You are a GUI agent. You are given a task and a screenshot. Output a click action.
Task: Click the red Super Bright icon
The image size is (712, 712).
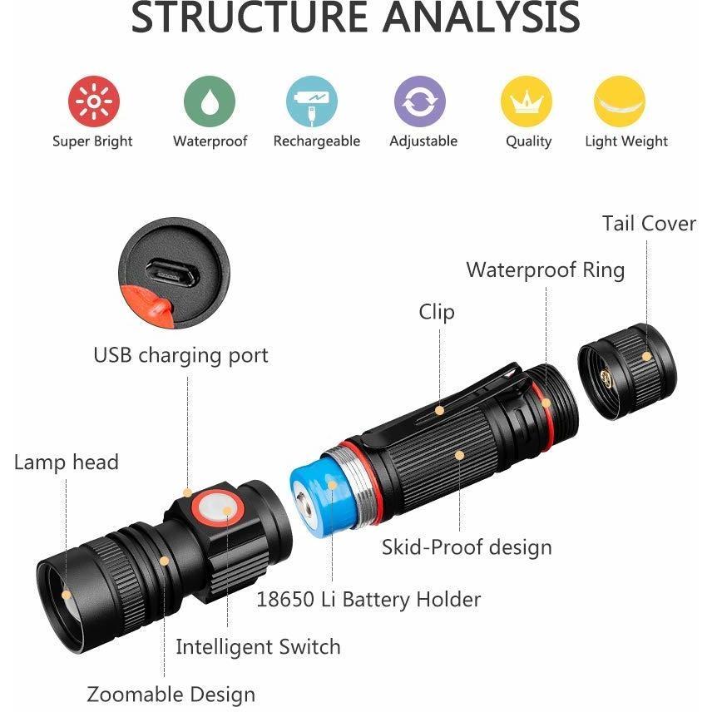tap(93, 101)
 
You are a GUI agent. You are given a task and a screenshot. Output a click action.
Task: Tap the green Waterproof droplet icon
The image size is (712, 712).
tap(210, 101)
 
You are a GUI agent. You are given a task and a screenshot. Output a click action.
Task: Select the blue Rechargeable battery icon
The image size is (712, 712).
tap(312, 101)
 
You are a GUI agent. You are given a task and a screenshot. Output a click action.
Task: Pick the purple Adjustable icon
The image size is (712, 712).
tap(420, 101)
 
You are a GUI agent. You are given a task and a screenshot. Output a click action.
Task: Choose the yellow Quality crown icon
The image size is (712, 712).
tap(527, 101)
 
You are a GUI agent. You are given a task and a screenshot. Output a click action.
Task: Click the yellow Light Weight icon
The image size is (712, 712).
tap(620, 101)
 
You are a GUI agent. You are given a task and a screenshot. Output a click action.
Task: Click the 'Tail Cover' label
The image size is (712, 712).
tap(649, 224)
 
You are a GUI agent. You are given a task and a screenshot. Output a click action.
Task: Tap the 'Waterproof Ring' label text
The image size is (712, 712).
tap(546, 270)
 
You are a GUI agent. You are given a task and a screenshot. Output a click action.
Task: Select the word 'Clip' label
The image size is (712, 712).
tap(437, 313)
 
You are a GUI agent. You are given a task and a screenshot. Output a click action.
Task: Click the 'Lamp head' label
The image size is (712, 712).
tap(67, 462)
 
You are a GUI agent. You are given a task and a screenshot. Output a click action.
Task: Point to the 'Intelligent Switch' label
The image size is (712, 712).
tap(258, 646)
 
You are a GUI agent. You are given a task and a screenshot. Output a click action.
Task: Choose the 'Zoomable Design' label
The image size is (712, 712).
tap(171, 695)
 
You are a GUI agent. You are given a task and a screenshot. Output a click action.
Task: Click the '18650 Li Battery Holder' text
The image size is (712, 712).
tap(368, 600)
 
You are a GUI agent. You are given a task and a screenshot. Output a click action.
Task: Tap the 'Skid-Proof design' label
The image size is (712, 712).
tap(467, 547)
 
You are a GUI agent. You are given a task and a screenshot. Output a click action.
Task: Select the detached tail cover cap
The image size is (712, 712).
tap(627, 372)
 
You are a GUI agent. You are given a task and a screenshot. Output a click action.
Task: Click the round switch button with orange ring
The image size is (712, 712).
tap(217, 508)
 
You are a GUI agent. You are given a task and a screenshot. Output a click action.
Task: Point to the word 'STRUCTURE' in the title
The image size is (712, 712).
tap(249, 17)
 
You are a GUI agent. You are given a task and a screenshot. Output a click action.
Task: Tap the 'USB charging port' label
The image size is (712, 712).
tap(180, 355)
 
